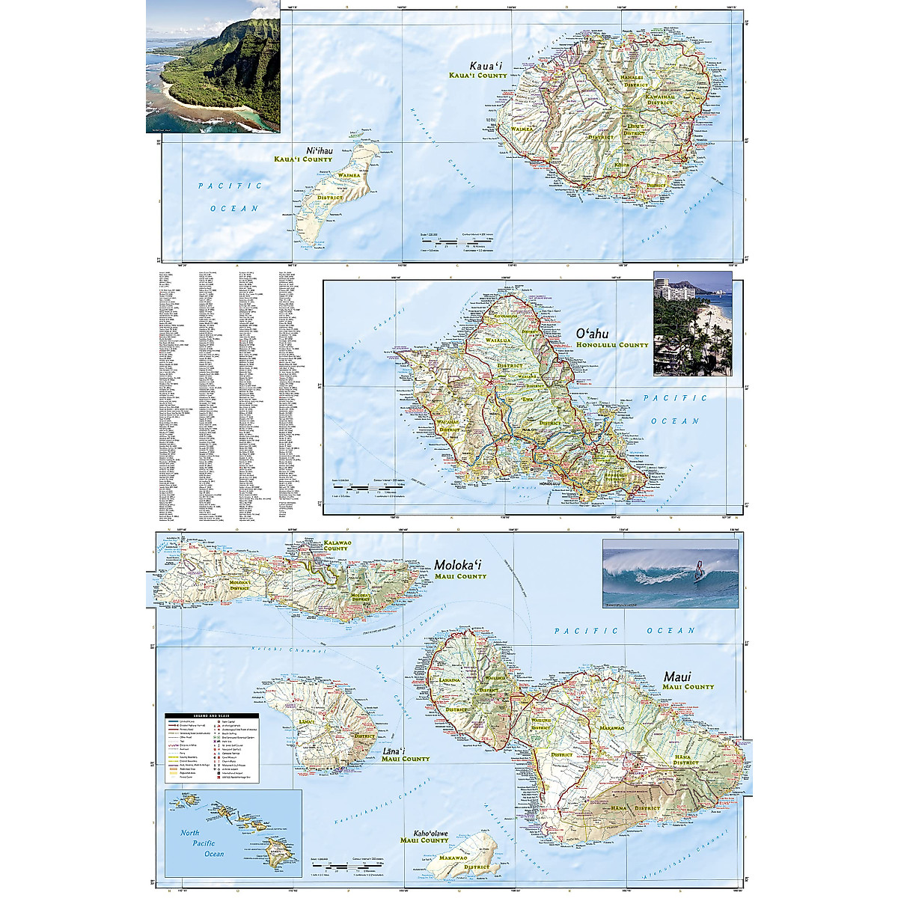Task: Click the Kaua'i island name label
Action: coord(485,66)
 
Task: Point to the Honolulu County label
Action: coord(611,345)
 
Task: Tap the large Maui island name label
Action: coord(677,676)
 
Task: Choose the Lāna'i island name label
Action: coord(393,749)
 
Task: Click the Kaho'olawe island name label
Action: coord(430,833)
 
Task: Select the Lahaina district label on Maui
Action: coord(450,680)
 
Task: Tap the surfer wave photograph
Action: coord(670,572)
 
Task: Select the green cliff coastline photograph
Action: coord(213,67)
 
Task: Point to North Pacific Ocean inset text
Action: coord(203,843)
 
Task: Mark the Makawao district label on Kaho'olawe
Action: coord(453,858)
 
